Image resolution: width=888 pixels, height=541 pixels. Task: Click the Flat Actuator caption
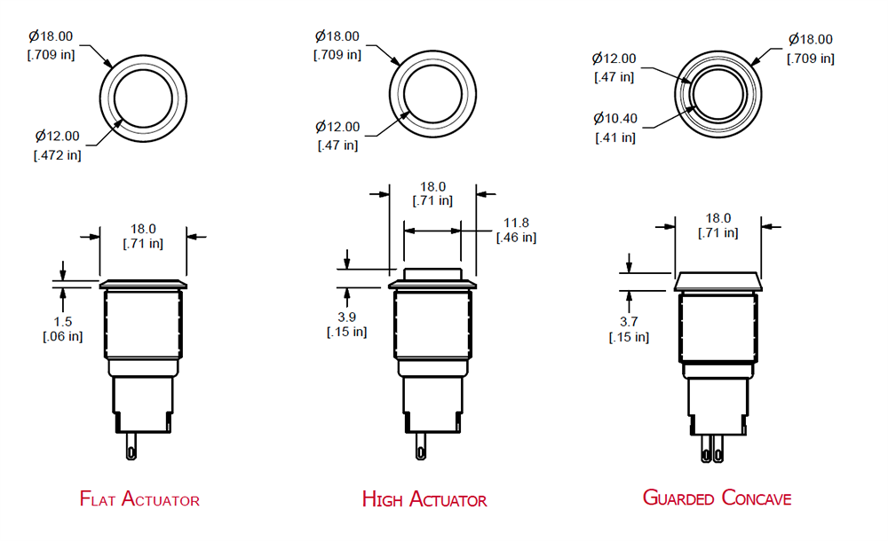pos(139,499)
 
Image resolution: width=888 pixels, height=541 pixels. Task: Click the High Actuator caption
pos(424,499)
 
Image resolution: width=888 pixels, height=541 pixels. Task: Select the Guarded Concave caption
pos(717,498)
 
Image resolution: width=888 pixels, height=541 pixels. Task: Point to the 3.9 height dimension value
pos(347,317)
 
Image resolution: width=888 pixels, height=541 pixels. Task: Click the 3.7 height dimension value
pos(629,322)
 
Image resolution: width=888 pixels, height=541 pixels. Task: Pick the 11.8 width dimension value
pos(516,222)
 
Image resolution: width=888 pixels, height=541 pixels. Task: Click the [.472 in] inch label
pos(59,154)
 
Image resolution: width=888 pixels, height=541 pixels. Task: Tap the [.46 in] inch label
pos(516,237)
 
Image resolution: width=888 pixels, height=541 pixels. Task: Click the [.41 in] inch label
pos(614,137)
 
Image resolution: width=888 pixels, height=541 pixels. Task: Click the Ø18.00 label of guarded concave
pos(810,40)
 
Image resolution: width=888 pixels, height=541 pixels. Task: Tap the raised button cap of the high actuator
pos(432,274)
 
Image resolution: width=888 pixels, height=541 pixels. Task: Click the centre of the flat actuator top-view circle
pos(143,97)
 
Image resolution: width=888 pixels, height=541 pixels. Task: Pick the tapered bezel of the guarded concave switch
pos(718,282)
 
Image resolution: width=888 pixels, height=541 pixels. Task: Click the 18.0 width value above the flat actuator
pos(142,228)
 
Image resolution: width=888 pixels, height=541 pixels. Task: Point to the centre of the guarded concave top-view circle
pos(718,97)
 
